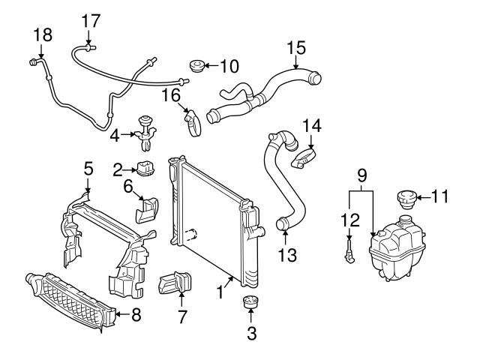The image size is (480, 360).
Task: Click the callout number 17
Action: click(91, 21)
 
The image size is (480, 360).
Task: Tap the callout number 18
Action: click(43, 35)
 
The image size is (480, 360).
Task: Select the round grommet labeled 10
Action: click(196, 66)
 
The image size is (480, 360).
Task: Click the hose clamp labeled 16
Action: click(193, 122)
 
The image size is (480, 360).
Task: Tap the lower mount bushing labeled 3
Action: click(250, 302)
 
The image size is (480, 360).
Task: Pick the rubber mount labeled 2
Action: click(145, 169)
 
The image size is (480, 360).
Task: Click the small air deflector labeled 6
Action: click(147, 210)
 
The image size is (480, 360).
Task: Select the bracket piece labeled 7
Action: click(175, 283)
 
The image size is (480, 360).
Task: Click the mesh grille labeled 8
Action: click(71, 301)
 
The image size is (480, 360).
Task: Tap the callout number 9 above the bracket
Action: click(361, 175)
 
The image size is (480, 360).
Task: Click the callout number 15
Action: click(296, 48)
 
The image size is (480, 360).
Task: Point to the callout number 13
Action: click(287, 255)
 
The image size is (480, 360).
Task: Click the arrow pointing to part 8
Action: click(123, 313)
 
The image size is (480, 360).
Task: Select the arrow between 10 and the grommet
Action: click(211, 65)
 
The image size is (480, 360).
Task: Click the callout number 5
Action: click(88, 169)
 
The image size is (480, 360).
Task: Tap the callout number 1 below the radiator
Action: click(220, 292)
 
